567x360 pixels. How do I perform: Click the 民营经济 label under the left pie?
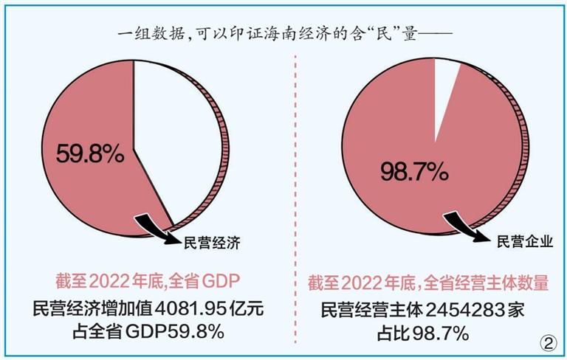(x=212, y=241)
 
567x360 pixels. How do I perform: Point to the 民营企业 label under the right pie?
(x=525, y=241)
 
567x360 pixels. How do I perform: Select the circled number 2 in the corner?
(x=548, y=342)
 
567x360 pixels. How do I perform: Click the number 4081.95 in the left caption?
(x=190, y=309)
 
